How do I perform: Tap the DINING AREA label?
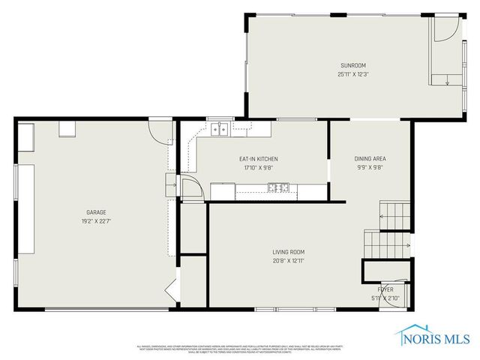[x=370, y=159]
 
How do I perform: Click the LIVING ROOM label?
[x=289, y=252]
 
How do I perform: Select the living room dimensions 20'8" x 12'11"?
[x=289, y=260]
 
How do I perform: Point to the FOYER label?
[x=385, y=289]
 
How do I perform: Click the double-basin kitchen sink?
[x=220, y=130]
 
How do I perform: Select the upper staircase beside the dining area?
[x=394, y=214]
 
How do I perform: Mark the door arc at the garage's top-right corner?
[x=160, y=132]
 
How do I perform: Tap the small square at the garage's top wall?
[x=67, y=130]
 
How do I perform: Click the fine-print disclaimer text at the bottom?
[x=240, y=348]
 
